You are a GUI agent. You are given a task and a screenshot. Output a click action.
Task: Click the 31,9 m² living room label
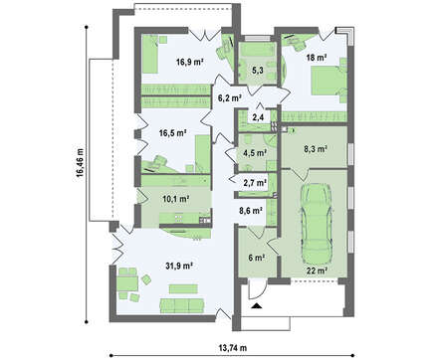click(x=179, y=266)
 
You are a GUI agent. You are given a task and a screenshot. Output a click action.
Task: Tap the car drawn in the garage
click(x=317, y=222)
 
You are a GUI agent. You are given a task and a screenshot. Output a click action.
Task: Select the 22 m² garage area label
click(x=317, y=270)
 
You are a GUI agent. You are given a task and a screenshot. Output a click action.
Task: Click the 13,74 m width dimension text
click(x=233, y=348)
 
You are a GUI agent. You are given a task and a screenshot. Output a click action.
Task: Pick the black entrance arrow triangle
click(x=257, y=305)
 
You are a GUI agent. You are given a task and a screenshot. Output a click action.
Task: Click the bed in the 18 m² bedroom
click(x=327, y=82)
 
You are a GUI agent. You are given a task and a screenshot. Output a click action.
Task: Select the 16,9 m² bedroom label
click(x=189, y=62)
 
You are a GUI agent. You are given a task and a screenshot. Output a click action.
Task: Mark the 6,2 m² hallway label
click(x=229, y=97)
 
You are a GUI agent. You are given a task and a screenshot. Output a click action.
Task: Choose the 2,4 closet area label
click(x=258, y=118)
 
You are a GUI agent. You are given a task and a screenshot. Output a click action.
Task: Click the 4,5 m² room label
click(x=255, y=153)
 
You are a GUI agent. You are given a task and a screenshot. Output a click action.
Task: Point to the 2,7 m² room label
click(x=255, y=183)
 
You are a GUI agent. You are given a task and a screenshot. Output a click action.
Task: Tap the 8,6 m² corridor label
click(x=251, y=210)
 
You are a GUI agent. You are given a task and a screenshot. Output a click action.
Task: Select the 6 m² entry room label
click(x=256, y=258)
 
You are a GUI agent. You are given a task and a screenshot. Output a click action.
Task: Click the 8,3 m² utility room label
click(x=316, y=149)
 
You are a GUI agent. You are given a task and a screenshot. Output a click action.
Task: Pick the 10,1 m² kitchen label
click(x=176, y=199)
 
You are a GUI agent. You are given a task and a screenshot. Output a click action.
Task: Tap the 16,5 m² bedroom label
click(x=172, y=133)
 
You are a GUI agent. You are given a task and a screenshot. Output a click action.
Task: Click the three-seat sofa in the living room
click(x=182, y=305)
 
